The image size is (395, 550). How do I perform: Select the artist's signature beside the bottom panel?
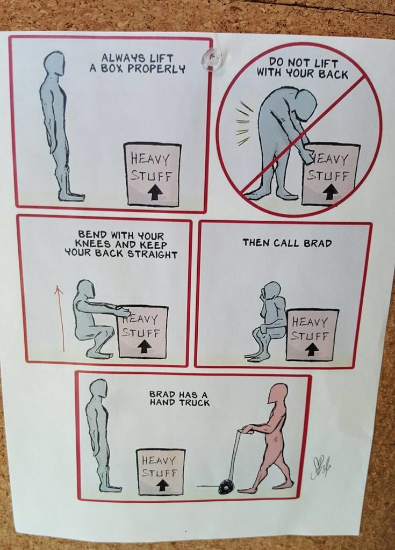320,468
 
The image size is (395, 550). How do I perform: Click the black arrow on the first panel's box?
154,193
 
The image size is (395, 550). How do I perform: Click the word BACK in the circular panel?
333,74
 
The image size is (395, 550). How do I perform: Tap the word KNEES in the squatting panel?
91,244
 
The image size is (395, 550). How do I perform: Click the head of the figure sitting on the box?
271,291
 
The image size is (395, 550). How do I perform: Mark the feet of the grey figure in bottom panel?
110,488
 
